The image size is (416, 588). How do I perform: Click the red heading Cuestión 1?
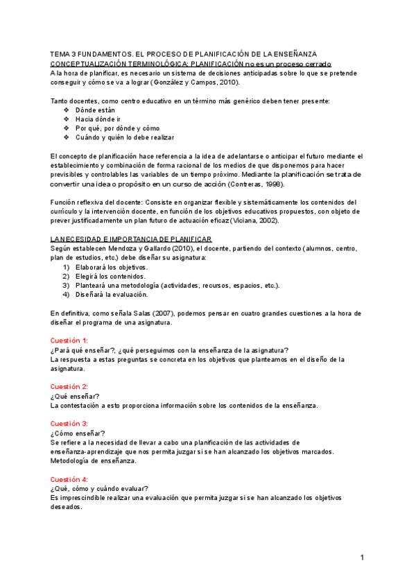click(x=69, y=340)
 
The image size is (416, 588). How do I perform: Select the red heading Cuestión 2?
click(x=69, y=386)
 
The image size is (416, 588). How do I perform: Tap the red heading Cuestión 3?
click(x=69, y=423)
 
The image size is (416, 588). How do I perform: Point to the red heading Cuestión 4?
click(x=69, y=479)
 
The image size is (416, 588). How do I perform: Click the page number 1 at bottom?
click(x=362, y=557)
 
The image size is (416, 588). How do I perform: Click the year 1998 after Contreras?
click(x=270, y=184)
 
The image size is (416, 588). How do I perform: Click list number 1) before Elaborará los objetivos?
click(x=67, y=267)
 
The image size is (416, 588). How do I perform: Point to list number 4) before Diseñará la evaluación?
click(x=67, y=294)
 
